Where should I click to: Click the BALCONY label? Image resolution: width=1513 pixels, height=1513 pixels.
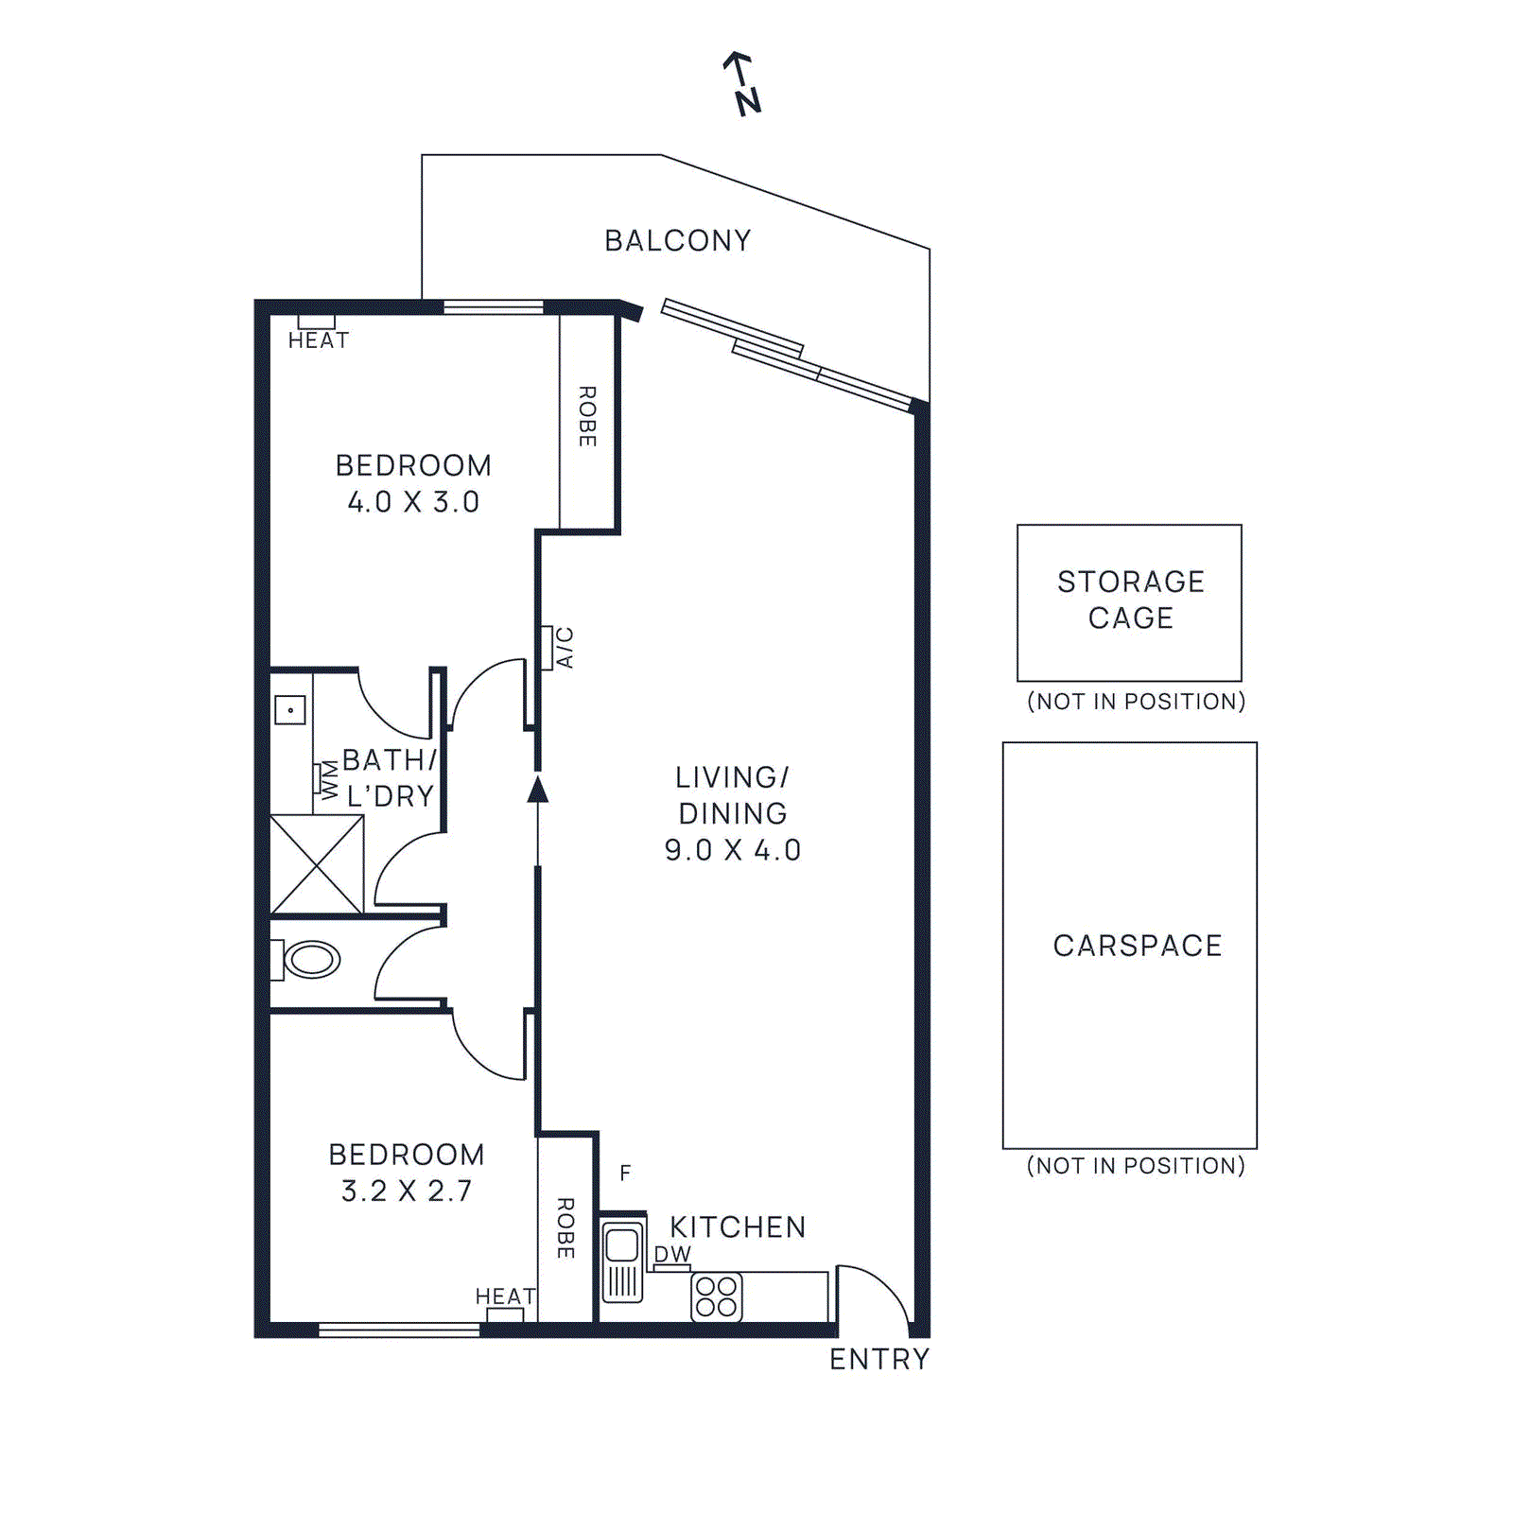point(678,241)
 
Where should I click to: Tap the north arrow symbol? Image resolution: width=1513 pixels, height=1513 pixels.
point(742,84)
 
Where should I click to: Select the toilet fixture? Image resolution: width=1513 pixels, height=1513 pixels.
point(310,960)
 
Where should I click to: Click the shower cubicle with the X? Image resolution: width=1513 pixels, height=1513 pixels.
point(317,864)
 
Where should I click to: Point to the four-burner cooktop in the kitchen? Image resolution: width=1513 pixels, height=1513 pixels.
point(717,1296)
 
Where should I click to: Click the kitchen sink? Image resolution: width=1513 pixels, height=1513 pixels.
point(622,1261)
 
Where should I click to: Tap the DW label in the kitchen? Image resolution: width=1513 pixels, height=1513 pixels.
point(672,1254)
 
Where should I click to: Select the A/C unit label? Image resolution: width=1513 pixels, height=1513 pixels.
point(565,648)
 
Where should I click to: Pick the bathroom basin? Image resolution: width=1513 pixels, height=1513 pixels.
point(290,709)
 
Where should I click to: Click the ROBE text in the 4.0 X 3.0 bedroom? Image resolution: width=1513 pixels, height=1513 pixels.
point(587,416)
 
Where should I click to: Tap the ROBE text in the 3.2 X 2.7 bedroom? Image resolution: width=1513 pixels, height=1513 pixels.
point(565,1228)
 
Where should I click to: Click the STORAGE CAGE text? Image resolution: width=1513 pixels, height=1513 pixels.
point(1130,600)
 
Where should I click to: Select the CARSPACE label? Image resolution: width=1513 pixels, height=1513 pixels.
point(1138,946)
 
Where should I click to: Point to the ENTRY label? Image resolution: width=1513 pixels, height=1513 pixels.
point(879,1359)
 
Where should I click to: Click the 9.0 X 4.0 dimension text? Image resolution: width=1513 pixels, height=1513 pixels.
point(732,850)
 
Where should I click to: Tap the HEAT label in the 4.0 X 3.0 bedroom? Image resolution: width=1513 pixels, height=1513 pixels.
point(319,340)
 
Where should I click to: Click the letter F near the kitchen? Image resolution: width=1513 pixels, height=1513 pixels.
point(625,1174)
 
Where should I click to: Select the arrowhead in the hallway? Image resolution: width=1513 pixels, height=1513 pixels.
point(538,790)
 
